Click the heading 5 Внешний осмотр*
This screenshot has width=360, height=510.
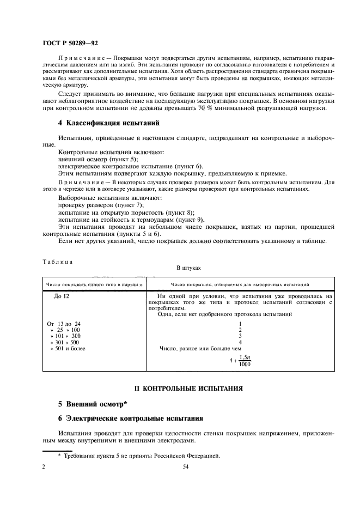coord(93,404)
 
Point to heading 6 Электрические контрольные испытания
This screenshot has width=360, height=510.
coord(131,418)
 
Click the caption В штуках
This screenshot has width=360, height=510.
coord(188,268)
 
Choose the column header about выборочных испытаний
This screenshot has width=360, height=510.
coord(240,284)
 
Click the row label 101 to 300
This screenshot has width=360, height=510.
coord(65,336)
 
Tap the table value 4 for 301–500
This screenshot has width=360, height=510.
coord(240,342)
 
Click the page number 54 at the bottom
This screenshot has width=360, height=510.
coord(185,467)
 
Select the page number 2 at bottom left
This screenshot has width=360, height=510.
coord(44,467)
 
